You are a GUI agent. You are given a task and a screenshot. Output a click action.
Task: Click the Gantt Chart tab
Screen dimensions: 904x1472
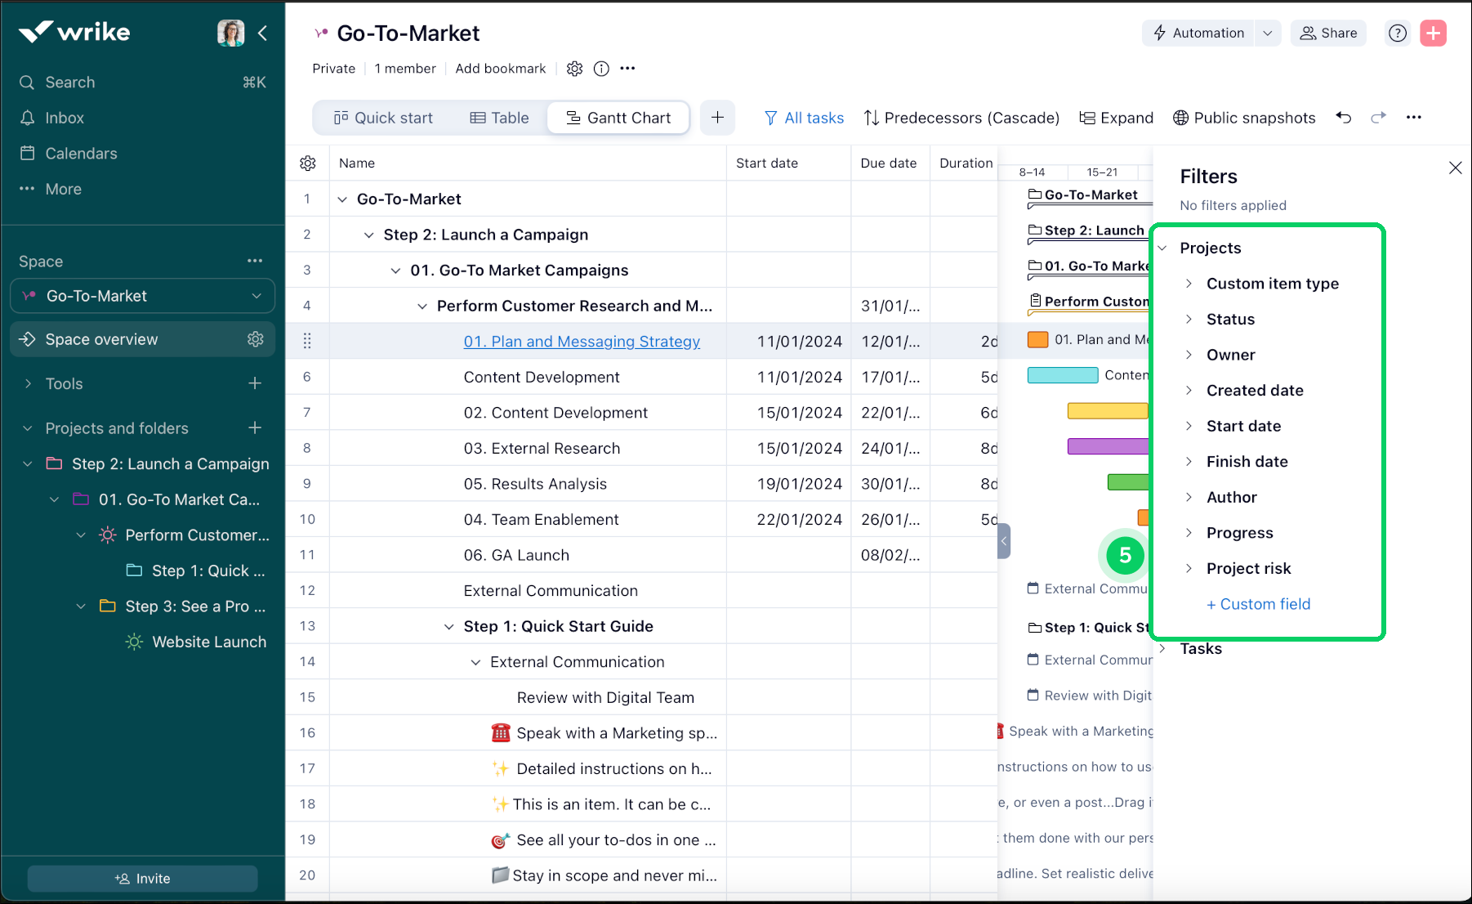coord(618,118)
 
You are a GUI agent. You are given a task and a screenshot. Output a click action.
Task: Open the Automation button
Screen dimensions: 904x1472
coord(1198,33)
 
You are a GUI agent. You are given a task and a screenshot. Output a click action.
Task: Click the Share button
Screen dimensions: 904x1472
coord(1328,33)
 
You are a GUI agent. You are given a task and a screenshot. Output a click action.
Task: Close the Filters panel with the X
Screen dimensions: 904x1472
coord(1455,168)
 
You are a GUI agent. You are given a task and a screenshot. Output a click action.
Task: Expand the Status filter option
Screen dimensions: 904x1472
coord(1230,320)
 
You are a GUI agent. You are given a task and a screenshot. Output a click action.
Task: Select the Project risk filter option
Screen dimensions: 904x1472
coord(1248,569)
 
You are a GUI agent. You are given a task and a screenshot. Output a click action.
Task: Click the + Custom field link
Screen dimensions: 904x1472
coord(1258,604)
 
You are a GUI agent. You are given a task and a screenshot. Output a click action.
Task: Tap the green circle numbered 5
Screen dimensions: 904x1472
coord(1125,555)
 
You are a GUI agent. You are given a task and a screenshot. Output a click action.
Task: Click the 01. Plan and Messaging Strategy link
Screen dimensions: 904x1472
coord(582,342)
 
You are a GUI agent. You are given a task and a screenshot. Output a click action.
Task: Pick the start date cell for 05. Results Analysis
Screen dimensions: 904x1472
coord(799,484)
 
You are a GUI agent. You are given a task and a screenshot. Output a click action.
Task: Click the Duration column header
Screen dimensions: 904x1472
coord(966,163)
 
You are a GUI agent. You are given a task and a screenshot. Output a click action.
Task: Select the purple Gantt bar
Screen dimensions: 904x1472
coord(1108,446)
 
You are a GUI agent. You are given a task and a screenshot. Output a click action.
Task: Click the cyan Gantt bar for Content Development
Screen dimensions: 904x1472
coord(1062,375)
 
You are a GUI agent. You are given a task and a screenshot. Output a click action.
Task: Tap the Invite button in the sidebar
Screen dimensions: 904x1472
coord(143,879)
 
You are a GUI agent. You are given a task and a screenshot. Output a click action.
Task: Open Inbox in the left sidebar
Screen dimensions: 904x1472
coord(65,118)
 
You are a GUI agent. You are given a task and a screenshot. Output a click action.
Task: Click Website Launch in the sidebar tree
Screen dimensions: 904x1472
coord(208,642)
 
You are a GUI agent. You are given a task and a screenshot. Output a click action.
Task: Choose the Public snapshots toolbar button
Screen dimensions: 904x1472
coord(1244,118)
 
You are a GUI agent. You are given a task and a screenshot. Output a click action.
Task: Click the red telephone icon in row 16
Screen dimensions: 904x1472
coord(501,733)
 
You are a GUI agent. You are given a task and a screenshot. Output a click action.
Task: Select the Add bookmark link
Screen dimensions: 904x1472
coord(500,69)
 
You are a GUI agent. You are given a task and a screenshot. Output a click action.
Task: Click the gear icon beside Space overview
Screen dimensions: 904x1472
coord(256,339)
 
